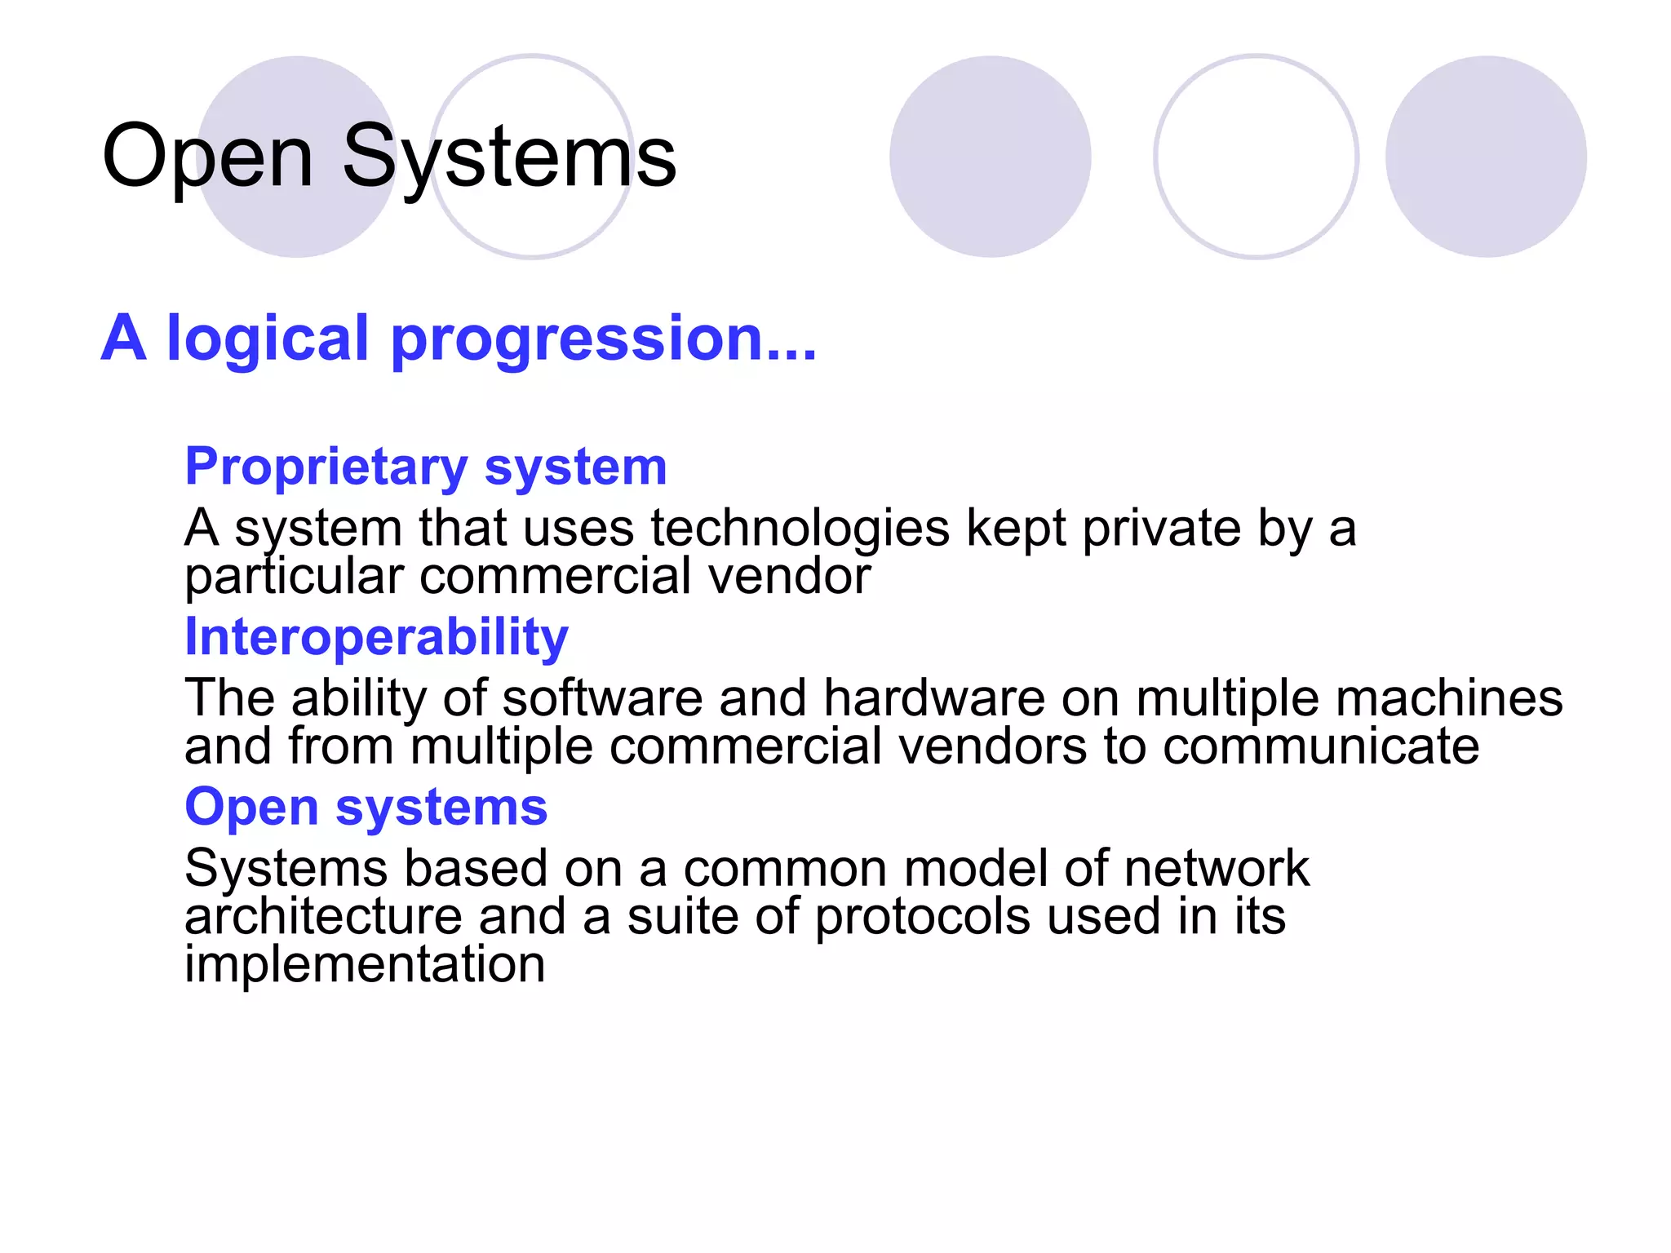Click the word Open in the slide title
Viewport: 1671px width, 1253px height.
coord(208,157)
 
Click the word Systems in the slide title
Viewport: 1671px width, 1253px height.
coord(509,157)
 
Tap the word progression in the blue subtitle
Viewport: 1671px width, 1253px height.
coord(604,339)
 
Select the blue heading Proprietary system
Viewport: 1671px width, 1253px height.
coord(426,467)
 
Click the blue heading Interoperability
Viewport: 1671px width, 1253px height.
coord(376,636)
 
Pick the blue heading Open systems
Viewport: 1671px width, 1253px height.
coord(366,807)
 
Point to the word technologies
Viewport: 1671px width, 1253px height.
coord(800,529)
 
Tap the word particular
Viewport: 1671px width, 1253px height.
coord(294,577)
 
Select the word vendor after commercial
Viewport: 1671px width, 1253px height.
coord(789,577)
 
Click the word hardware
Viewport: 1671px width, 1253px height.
coord(933,698)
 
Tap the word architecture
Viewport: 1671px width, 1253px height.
coord(323,916)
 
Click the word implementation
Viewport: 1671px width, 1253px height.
coord(365,964)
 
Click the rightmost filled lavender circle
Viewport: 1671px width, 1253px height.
coord(1486,157)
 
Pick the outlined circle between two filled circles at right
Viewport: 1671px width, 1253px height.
coord(1256,157)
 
